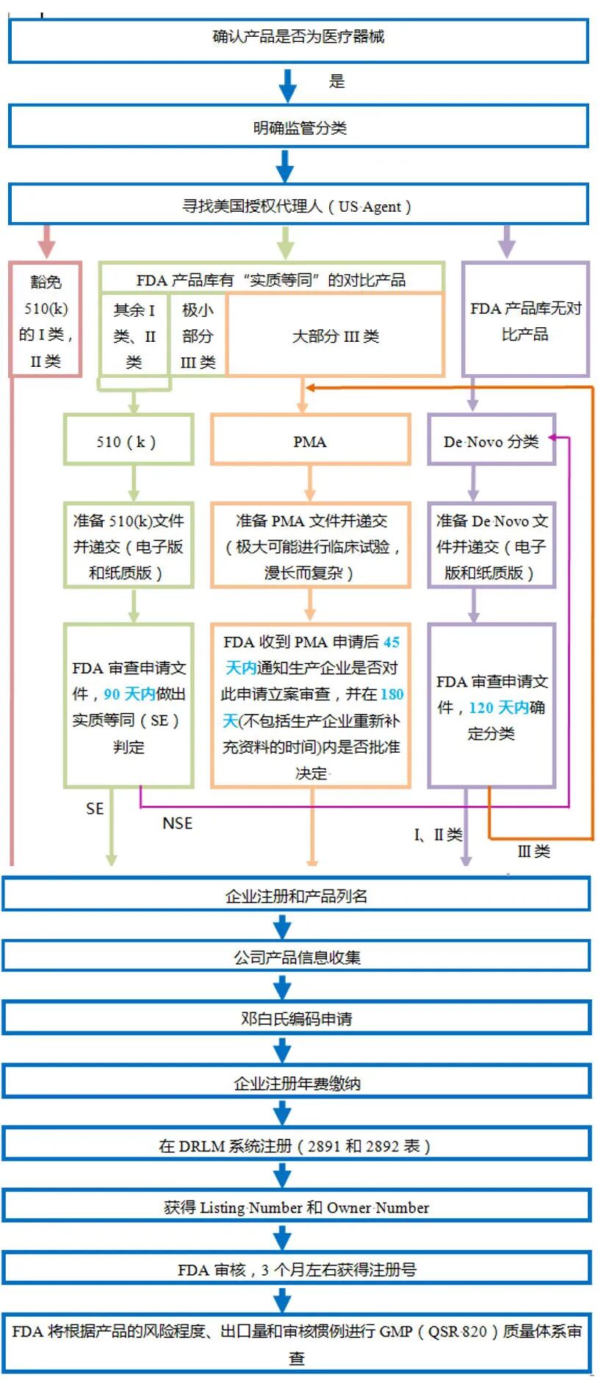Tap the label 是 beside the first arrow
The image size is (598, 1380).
(x=336, y=82)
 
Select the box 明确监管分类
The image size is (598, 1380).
(x=298, y=127)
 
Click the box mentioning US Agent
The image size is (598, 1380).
(x=298, y=205)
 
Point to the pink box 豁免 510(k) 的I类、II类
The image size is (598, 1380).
(x=46, y=321)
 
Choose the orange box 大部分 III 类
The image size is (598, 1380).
(x=336, y=336)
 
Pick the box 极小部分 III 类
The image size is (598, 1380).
(x=198, y=336)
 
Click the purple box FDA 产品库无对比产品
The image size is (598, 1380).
(x=525, y=321)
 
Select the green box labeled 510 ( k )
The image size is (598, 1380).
(x=128, y=441)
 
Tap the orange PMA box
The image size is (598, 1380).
(x=310, y=441)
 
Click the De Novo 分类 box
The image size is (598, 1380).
(x=491, y=441)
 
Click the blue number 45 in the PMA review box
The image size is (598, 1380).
(x=392, y=642)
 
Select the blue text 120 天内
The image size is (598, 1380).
(x=499, y=707)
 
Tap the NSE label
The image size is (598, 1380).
(x=177, y=823)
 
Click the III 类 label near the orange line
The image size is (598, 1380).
(x=533, y=851)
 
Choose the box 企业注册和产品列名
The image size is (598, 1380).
(x=297, y=895)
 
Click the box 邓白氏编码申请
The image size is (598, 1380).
(x=297, y=1018)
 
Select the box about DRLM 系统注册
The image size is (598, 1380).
(x=297, y=1145)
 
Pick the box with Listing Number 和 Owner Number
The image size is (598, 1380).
(x=297, y=1207)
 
